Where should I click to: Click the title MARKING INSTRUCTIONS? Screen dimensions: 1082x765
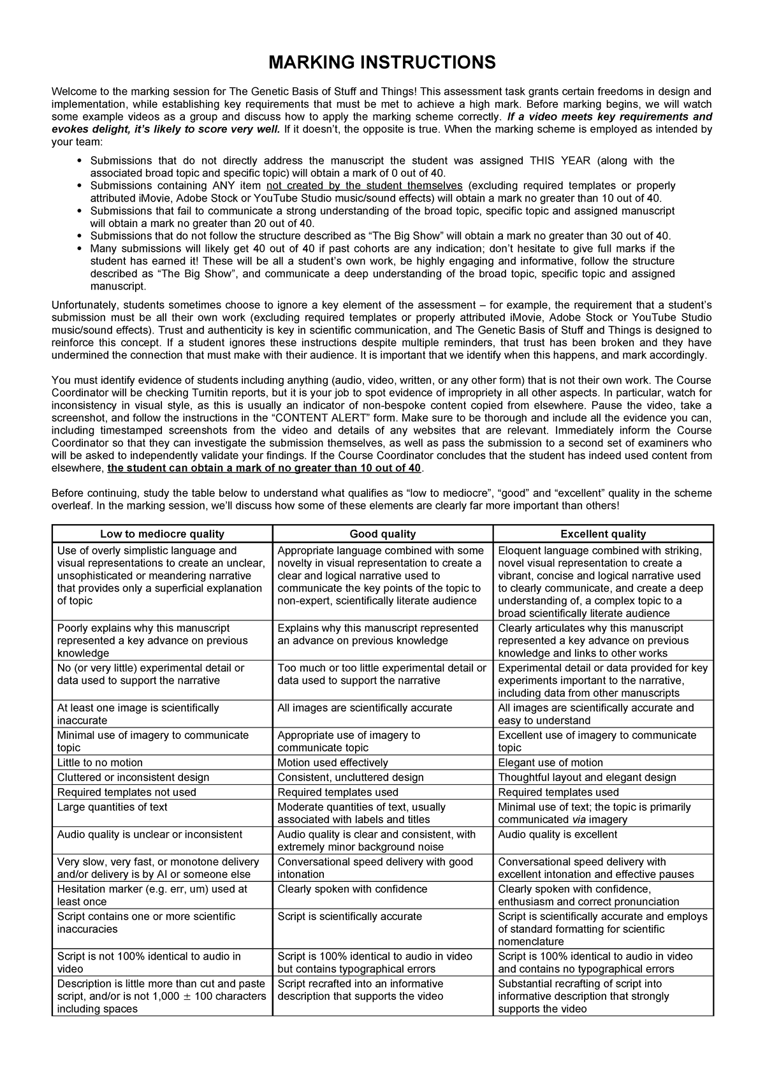[x=382, y=62]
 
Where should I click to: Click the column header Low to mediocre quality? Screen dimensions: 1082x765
[x=162, y=534]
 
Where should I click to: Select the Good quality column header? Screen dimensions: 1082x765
[x=382, y=534]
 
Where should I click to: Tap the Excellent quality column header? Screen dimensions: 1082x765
[x=602, y=534]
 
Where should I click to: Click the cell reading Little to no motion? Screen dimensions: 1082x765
[x=100, y=763]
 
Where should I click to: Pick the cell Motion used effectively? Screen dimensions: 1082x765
[x=333, y=763]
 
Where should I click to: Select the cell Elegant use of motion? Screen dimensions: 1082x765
[x=550, y=763]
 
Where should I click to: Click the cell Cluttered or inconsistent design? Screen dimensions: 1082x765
[x=133, y=777]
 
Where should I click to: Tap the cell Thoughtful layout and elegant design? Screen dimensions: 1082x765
[x=587, y=777]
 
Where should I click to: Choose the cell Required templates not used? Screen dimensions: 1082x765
[x=127, y=792]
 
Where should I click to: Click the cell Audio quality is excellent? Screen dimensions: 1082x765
[x=557, y=834]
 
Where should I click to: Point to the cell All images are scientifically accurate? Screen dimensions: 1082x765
[x=365, y=708]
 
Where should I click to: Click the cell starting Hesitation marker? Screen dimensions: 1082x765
[x=152, y=895]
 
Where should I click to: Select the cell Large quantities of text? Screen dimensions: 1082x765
[x=112, y=807]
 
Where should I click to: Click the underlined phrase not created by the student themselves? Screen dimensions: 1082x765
[x=365, y=186]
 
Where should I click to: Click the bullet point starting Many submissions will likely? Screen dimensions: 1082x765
[x=382, y=267]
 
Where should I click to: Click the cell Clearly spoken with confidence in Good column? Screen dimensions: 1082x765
[x=353, y=889]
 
